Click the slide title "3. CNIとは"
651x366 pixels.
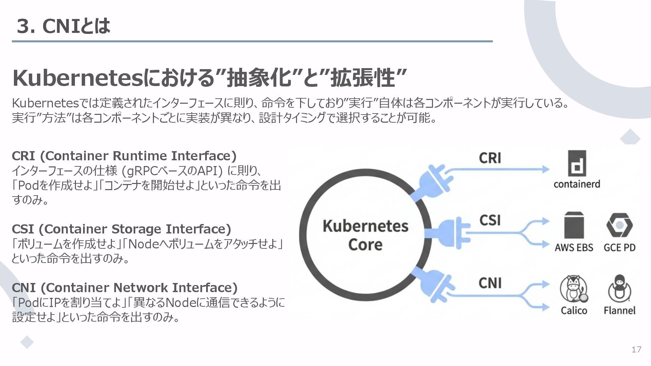click(x=63, y=26)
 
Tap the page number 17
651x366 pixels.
click(x=636, y=350)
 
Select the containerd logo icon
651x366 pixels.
click(x=576, y=164)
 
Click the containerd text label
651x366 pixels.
click(x=577, y=184)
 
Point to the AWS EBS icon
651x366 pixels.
click(x=574, y=225)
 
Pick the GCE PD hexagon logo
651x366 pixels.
click(x=619, y=225)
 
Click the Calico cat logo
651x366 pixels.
click(x=573, y=289)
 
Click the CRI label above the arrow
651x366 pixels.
click(x=490, y=158)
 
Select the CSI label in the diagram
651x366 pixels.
click(x=490, y=220)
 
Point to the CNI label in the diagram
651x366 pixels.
click(x=490, y=283)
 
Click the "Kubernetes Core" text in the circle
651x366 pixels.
click(x=365, y=235)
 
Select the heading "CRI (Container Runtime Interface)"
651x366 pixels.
click(x=124, y=156)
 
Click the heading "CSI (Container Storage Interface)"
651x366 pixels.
click(x=121, y=229)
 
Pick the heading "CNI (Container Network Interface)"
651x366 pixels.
click(x=124, y=288)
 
